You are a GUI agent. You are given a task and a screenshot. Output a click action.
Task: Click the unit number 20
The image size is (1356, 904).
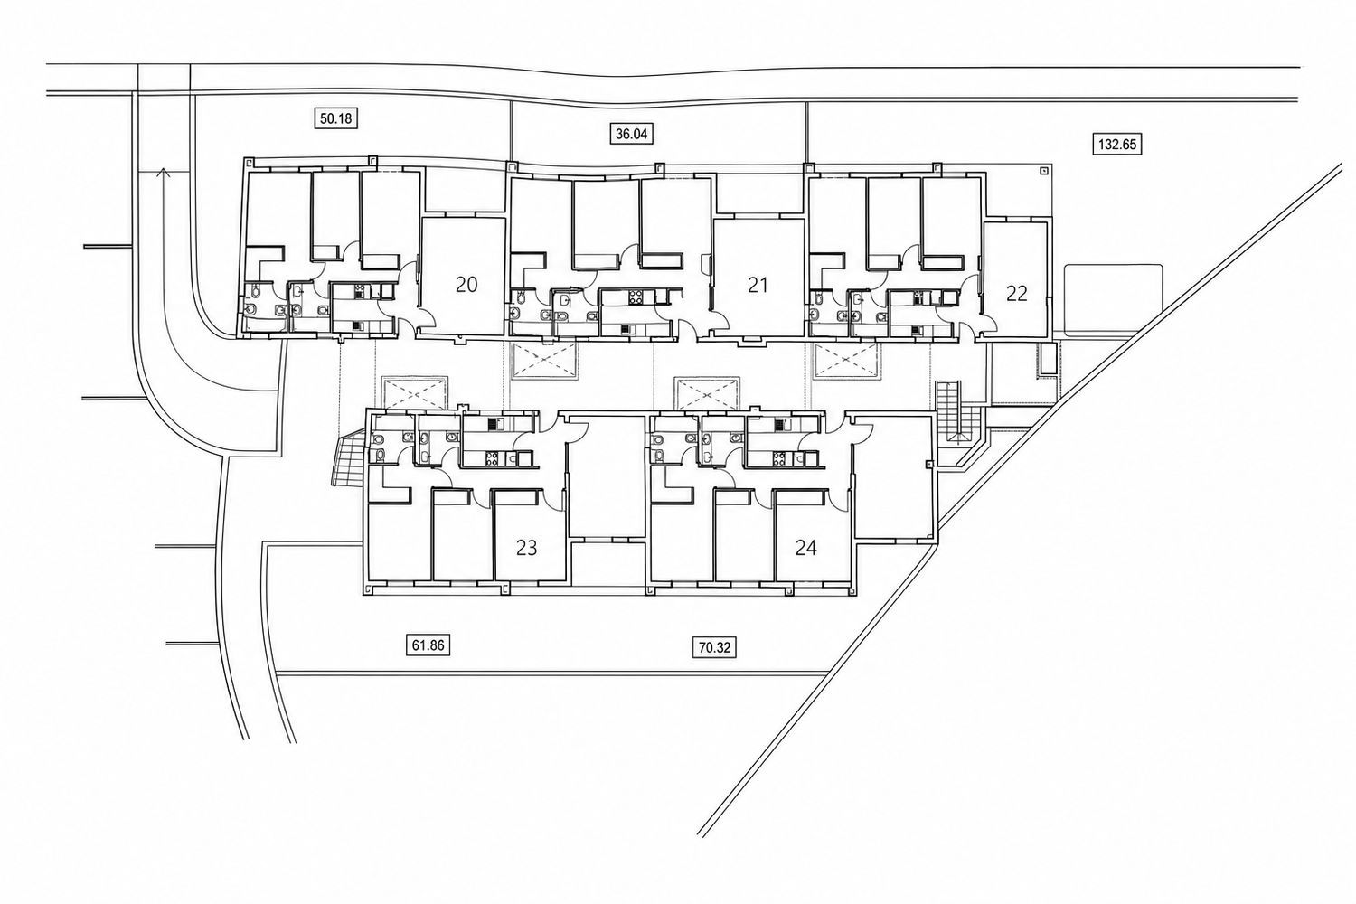[x=466, y=285]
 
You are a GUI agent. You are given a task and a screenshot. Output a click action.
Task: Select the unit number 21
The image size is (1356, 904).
[x=758, y=285]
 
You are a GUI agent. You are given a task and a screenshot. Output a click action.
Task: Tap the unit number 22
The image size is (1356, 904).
[x=1016, y=294]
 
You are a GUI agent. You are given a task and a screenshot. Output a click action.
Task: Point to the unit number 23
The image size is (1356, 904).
[x=526, y=548]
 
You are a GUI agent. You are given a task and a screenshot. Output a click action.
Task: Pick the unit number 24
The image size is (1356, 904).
[x=805, y=548]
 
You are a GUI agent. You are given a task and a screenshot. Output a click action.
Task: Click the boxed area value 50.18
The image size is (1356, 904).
[x=335, y=118]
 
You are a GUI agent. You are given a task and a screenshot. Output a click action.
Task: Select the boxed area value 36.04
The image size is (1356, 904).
[x=631, y=134]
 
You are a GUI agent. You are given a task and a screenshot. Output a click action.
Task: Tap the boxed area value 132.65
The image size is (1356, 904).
[x=1117, y=145]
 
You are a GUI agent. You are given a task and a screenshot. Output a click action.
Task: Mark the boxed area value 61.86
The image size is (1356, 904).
[x=428, y=645]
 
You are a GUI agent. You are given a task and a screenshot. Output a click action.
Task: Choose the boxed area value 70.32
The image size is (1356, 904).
[x=715, y=648]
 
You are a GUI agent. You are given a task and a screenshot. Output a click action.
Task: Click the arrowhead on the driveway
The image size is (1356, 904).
[x=163, y=173]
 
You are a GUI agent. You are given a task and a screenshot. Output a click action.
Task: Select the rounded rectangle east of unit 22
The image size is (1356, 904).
[x=1113, y=300]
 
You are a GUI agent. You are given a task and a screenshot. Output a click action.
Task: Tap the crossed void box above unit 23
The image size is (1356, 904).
[x=415, y=392]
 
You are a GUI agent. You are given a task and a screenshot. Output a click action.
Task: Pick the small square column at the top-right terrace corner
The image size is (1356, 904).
[x=1043, y=171]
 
